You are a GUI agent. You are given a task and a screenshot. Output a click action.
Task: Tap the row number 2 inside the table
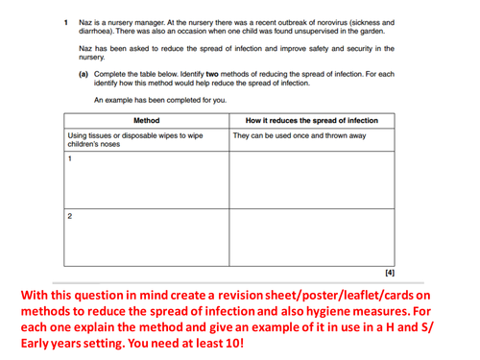pyautogui.click(x=70, y=215)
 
